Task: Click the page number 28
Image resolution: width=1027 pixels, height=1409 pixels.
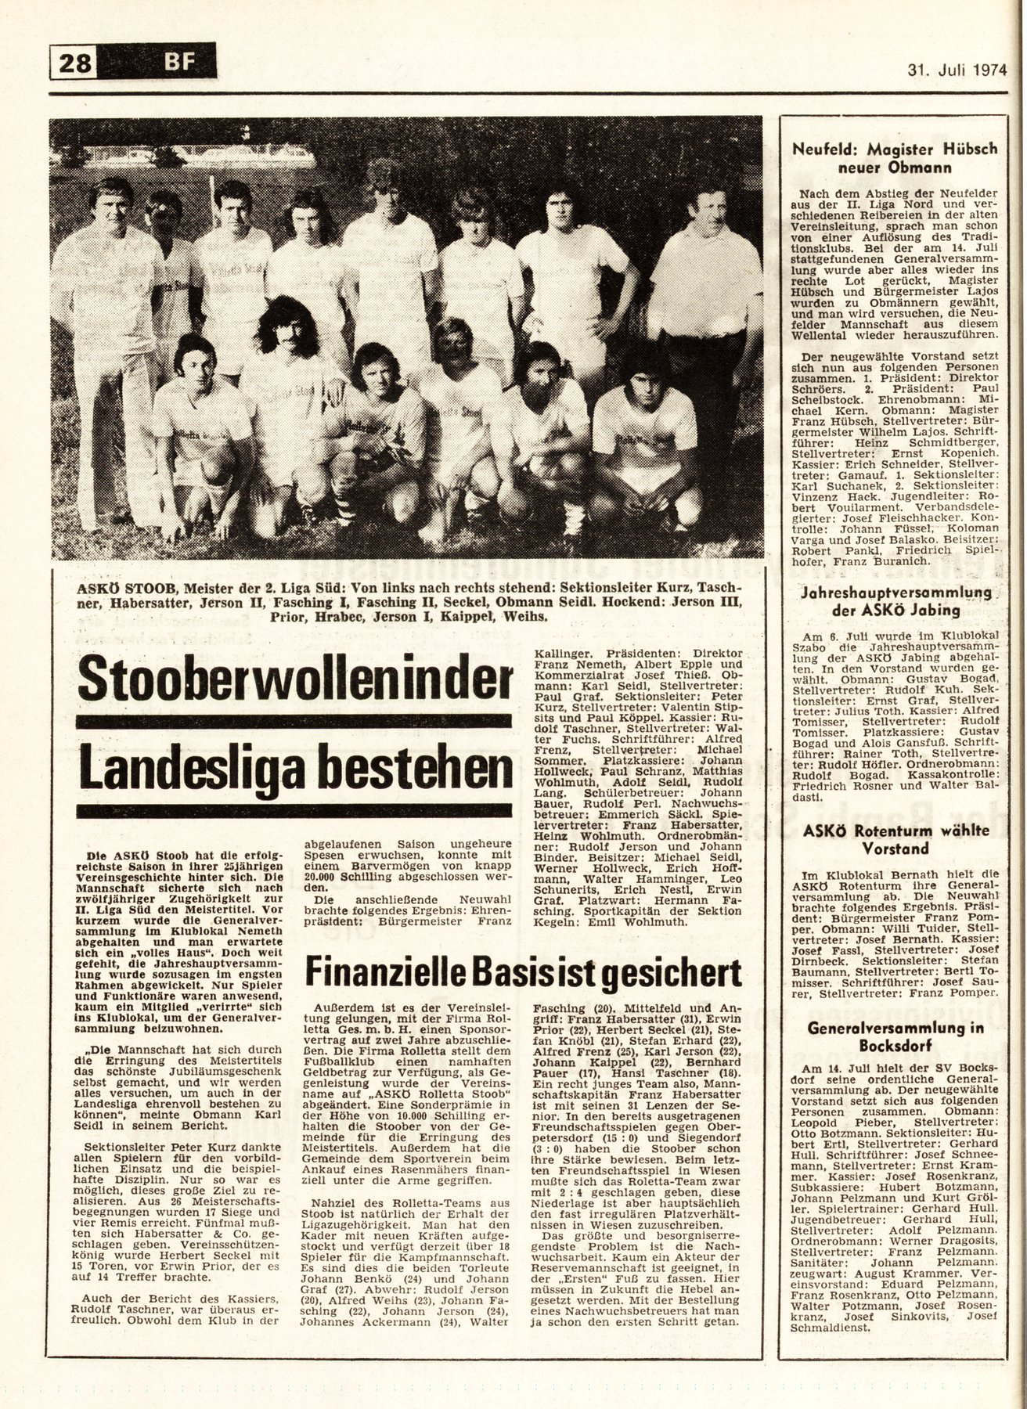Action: (74, 60)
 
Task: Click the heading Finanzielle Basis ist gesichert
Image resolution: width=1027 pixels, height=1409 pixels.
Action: (523, 973)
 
